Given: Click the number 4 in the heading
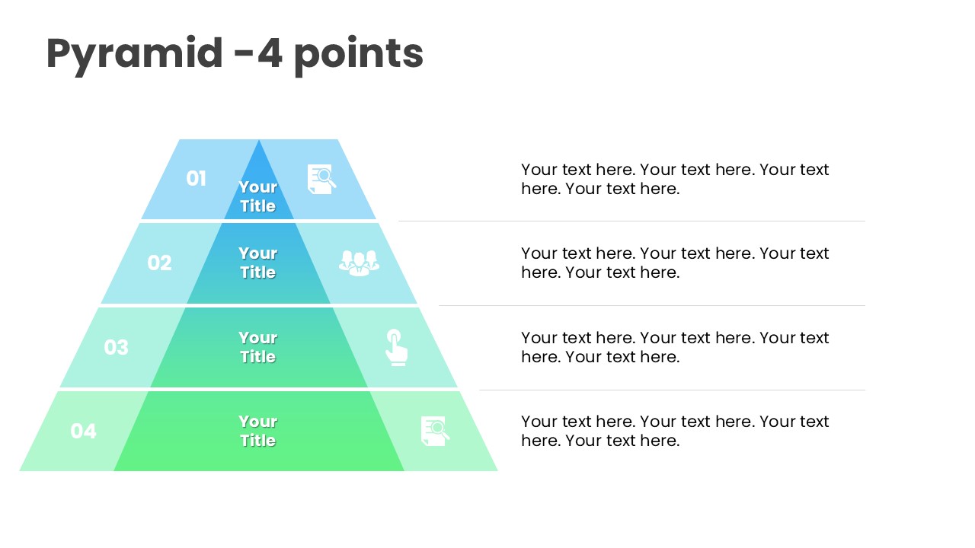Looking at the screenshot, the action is tap(270, 53).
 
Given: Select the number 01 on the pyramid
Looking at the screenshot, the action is tap(196, 178).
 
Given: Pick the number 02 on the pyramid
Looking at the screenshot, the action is tap(159, 263).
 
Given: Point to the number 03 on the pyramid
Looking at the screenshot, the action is tap(117, 347).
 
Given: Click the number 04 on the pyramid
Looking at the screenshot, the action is tap(83, 431).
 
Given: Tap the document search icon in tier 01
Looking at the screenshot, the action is tap(321, 179).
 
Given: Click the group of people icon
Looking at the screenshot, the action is tap(359, 263).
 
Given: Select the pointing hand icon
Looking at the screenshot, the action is tap(397, 348).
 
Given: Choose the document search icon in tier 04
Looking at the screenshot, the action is tap(435, 431).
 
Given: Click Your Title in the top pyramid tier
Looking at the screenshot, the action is tap(257, 196).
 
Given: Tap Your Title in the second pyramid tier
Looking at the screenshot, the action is tap(257, 263).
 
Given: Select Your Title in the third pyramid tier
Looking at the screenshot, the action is tap(257, 347).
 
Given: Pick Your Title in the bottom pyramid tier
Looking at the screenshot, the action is tap(257, 431).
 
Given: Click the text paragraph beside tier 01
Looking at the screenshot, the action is tap(675, 179).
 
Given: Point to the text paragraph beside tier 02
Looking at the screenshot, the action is tap(675, 263).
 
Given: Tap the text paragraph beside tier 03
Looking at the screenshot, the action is tap(675, 347).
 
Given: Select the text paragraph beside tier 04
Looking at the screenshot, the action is tap(675, 431).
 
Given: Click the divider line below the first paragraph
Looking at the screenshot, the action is tap(631, 221).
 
